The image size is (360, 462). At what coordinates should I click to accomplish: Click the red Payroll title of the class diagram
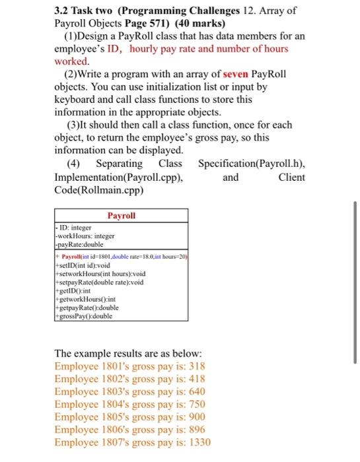(121, 215)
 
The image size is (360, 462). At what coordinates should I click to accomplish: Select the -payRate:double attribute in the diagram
(82, 244)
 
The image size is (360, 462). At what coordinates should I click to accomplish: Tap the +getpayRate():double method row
(87, 308)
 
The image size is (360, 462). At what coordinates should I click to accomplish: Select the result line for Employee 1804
(129, 404)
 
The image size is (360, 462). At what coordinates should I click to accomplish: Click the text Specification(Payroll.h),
(251, 163)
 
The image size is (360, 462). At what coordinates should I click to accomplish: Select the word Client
(292, 176)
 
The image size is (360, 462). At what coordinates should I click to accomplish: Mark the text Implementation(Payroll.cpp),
(118, 176)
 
